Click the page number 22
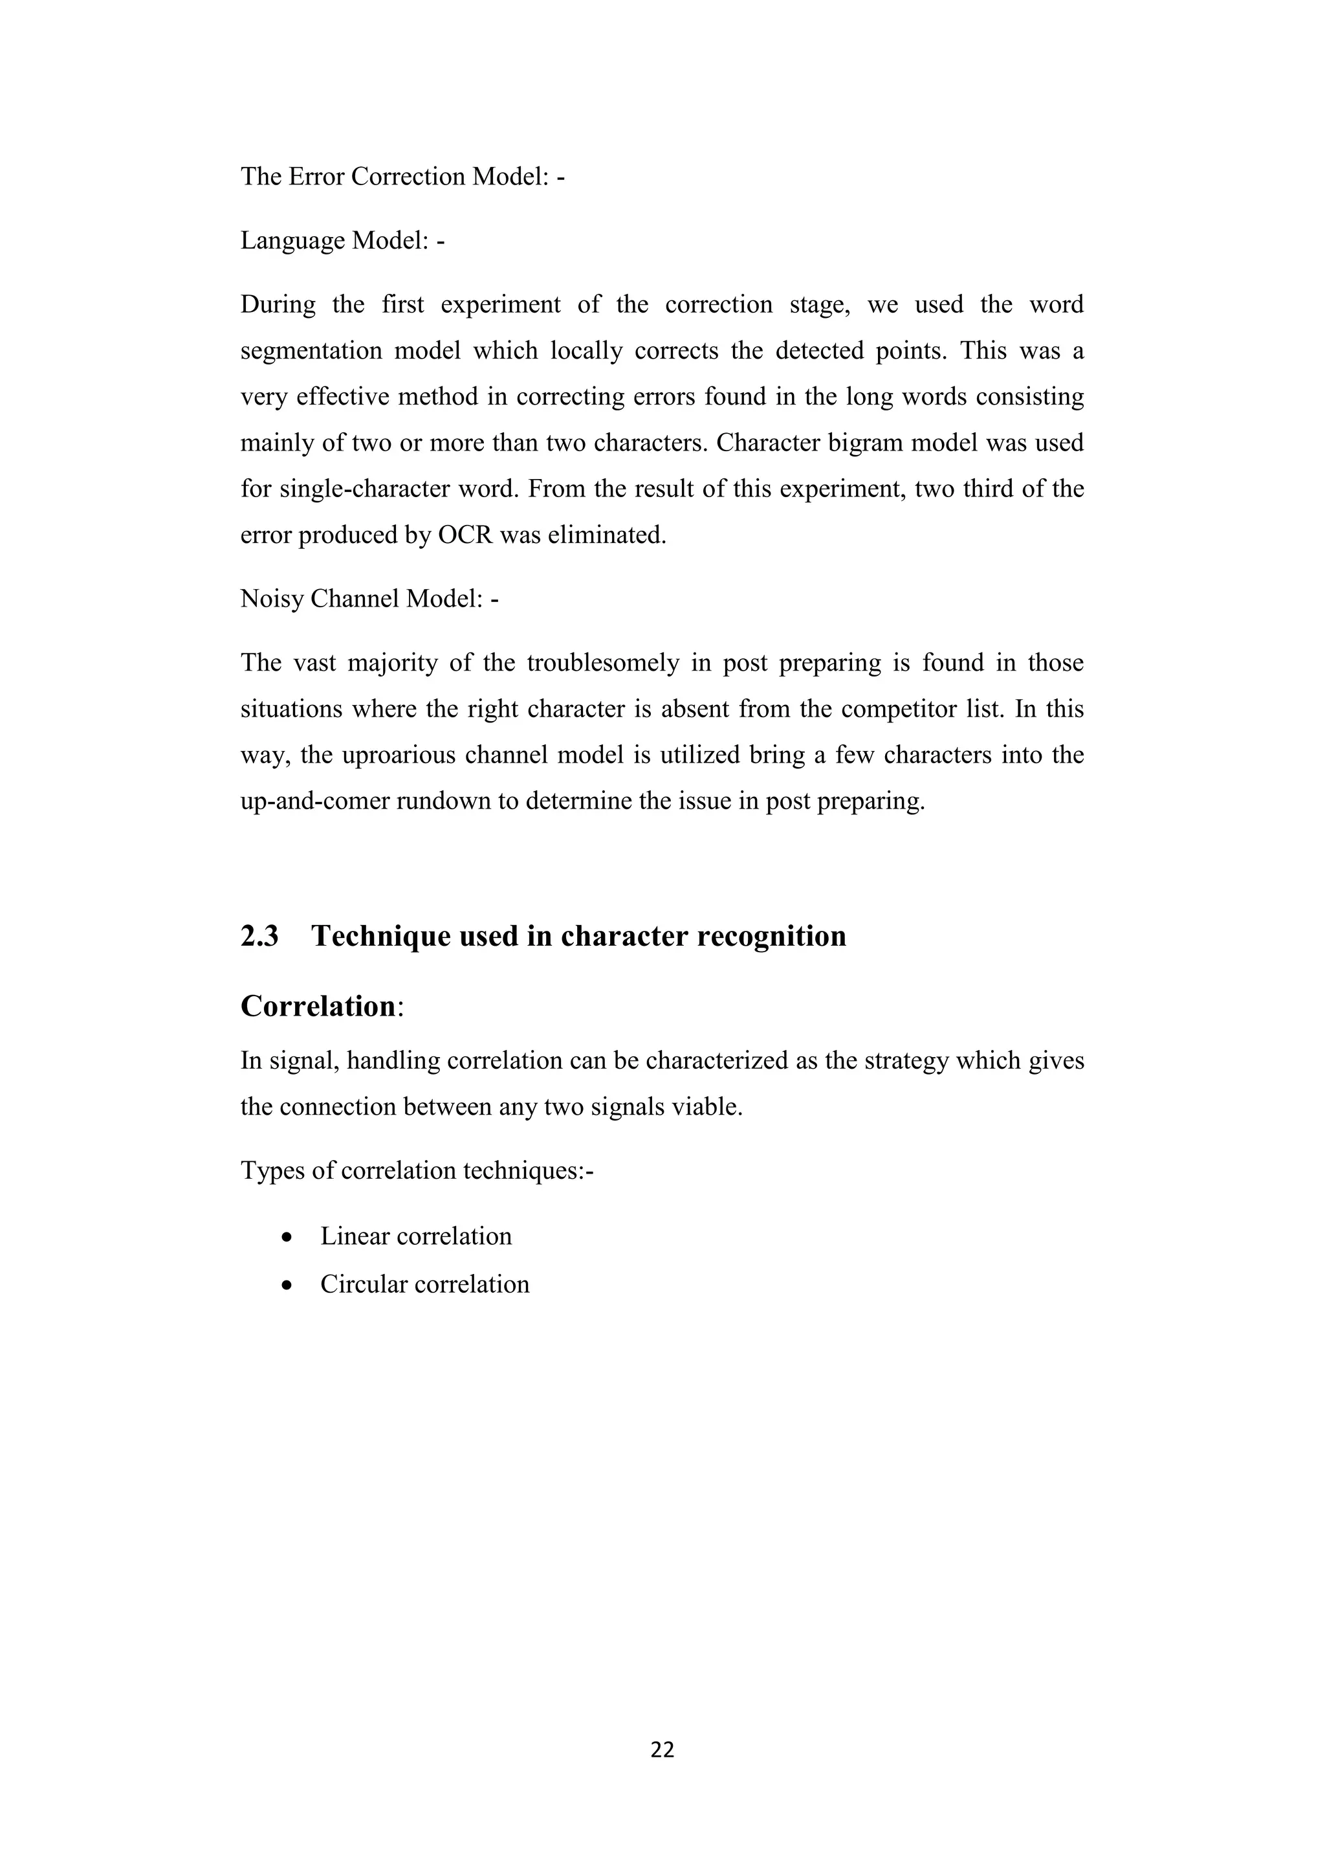pyautogui.click(x=662, y=1749)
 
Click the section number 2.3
pyautogui.click(x=259, y=936)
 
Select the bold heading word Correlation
pyautogui.click(x=318, y=1007)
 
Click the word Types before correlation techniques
pyautogui.click(x=267, y=1171)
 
